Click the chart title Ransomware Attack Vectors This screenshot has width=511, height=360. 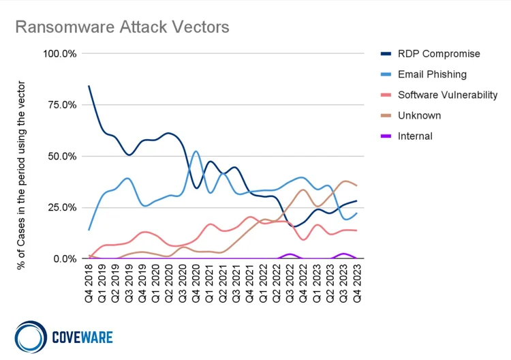pyautogui.click(x=122, y=27)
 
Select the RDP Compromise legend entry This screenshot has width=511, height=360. pyautogui.click(x=439, y=54)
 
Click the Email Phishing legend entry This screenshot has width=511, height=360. pyautogui.click(x=432, y=74)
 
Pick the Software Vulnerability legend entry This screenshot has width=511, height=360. pyautogui.click(x=447, y=95)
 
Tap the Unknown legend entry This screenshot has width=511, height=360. pyautogui.click(x=419, y=115)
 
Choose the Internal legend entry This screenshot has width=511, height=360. pyautogui.click(x=415, y=136)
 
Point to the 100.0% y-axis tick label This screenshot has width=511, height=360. pyautogui.click(x=59, y=53)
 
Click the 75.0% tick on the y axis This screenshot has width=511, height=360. pyautogui.click(x=62, y=104)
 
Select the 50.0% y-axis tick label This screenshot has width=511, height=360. pyautogui.click(x=62, y=156)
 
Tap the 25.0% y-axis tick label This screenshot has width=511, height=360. pyautogui.click(x=62, y=207)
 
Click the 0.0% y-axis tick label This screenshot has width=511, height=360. pyautogui.click(x=65, y=258)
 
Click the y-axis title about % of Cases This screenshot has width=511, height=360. pyautogui.click(x=21, y=175)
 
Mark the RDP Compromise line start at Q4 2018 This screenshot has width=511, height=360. pyautogui.click(x=89, y=86)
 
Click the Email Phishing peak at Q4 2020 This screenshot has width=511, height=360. pyautogui.click(x=196, y=151)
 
